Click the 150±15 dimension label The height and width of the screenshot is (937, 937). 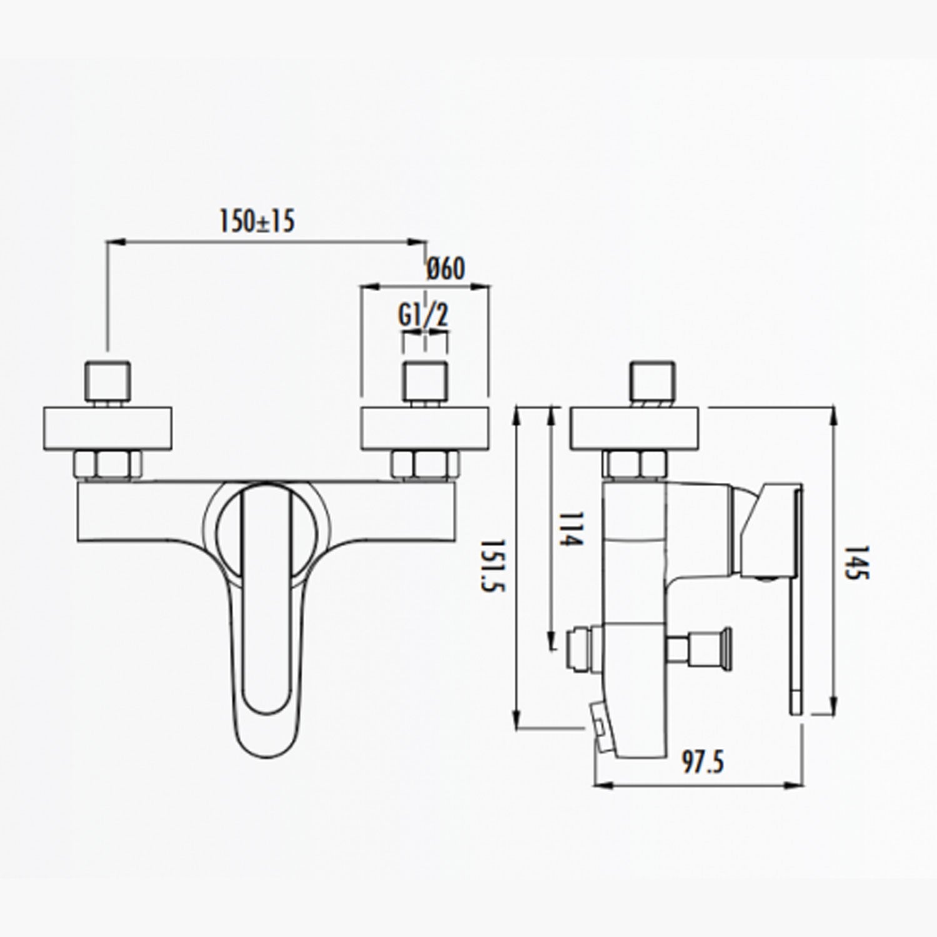(256, 221)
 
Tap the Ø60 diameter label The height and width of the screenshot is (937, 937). (446, 269)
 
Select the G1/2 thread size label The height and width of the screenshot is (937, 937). (424, 317)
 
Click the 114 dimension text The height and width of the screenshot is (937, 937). (570, 530)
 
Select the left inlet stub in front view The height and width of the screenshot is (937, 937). (108, 380)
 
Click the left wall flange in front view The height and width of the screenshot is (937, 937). (108, 429)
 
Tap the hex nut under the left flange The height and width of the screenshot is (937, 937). (108, 464)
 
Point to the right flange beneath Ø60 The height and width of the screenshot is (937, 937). (425, 429)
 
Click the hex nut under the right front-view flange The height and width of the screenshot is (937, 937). (425, 464)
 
